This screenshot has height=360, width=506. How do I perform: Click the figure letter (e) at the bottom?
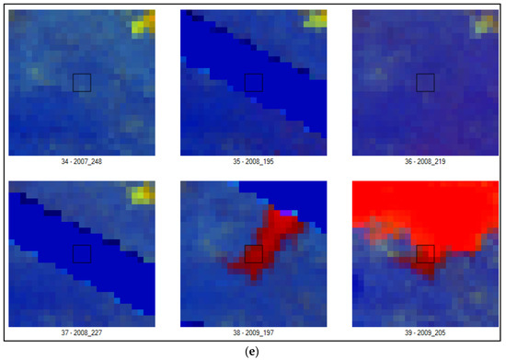tap(253, 351)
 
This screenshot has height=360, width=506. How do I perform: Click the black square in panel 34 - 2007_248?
tap(81, 82)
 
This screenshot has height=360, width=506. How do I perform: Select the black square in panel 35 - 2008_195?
tap(253, 82)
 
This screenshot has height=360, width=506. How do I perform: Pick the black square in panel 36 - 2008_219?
tap(425, 82)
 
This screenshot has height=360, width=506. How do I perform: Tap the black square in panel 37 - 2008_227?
tap(81, 253)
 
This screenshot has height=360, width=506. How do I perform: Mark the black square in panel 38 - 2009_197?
tap(253, 253)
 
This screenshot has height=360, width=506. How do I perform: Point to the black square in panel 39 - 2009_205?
tap(425, 253)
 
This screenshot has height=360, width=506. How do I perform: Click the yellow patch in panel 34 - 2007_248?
tap(143, 23)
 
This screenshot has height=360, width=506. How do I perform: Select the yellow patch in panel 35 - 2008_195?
tap(316, 19)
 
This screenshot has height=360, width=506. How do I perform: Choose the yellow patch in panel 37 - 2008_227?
tap(142, 193)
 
